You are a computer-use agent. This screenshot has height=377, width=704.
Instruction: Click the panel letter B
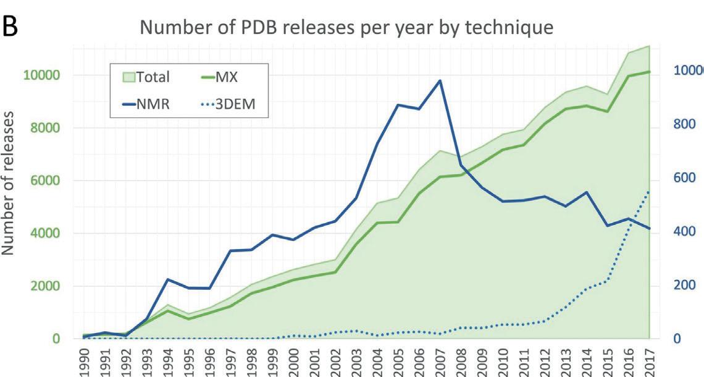pyautogui.click(x=12, y=27)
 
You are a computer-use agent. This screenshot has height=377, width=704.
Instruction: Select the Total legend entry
pyautogui.click(x=146, y=77)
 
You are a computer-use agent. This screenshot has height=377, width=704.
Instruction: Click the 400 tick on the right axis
pyautogui.click(x=685, y=232)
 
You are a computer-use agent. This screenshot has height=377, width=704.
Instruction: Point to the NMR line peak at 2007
pyautogui.click(x=440, y=80)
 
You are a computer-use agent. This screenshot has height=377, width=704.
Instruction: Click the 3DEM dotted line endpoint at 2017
pyautogui.click(x=649, y=191)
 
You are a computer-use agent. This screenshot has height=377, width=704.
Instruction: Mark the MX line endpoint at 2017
pyautogui.click(x=649, y=72)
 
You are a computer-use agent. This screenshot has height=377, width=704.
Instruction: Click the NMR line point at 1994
pyautogui.click(x=168, y=279)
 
